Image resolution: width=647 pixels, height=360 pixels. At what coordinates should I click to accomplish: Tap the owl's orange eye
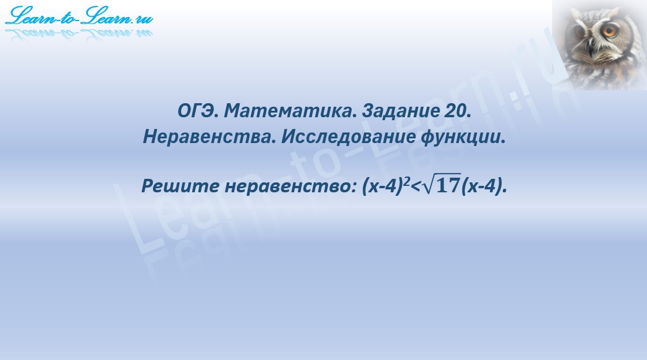[x=611, y=31]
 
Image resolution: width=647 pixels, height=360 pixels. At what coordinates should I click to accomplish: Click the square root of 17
[x=441, y=186]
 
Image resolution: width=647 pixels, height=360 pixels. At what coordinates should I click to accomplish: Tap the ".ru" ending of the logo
[x=142, y=19]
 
